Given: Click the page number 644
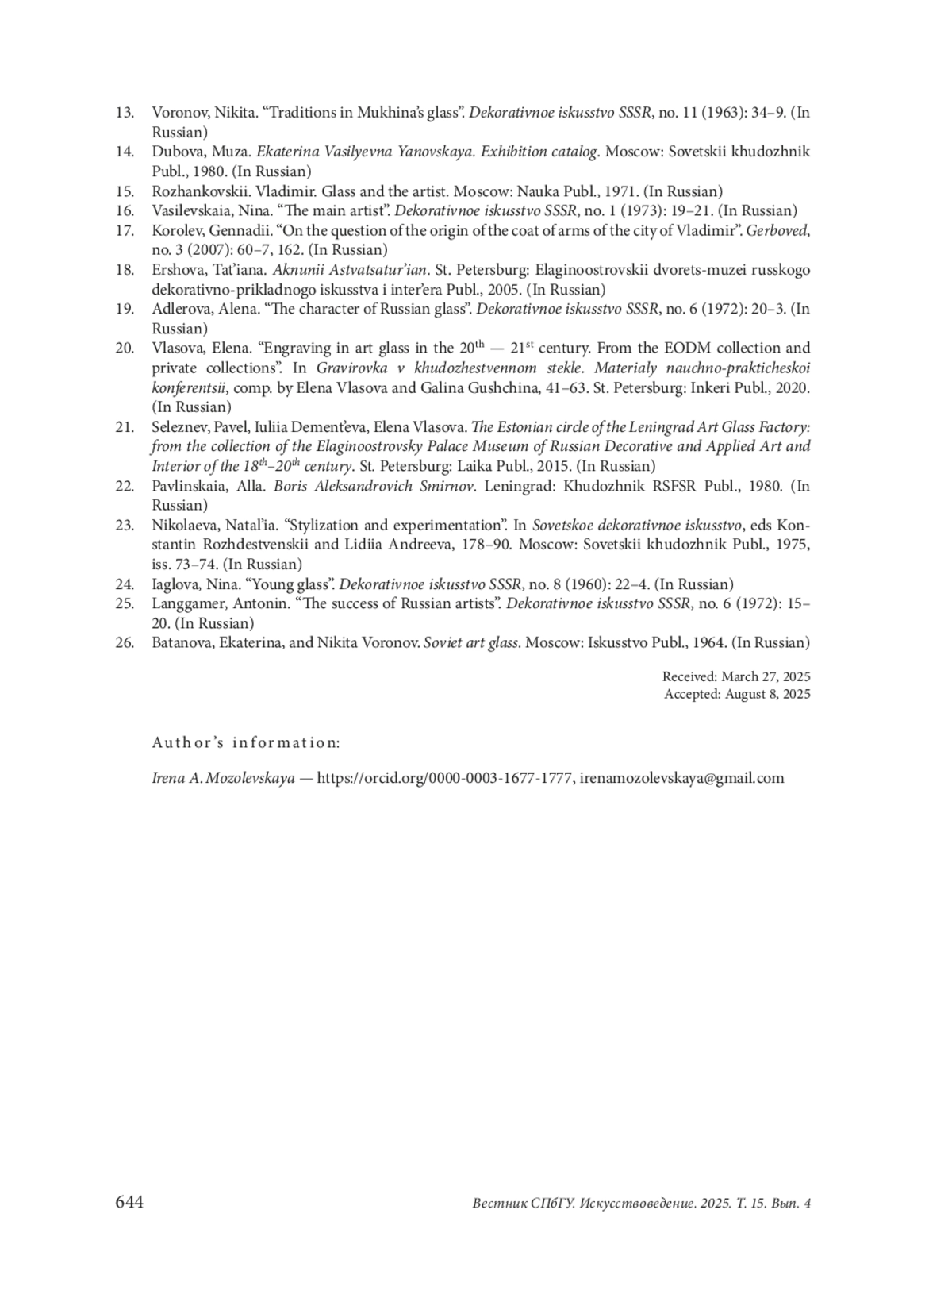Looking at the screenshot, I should click(x=129, y=1203).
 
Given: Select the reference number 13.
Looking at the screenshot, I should click(x=125, y=112).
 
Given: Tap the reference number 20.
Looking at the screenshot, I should click(x=125, y=348).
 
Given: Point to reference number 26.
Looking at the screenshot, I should click(x=125, y=643).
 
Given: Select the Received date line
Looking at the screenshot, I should click(x=735, y=677).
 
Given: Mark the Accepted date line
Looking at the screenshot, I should click(x=737, y=694).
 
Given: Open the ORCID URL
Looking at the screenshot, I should click(x=444, y=778).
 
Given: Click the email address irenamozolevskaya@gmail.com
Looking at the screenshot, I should click(x=681, y=778).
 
